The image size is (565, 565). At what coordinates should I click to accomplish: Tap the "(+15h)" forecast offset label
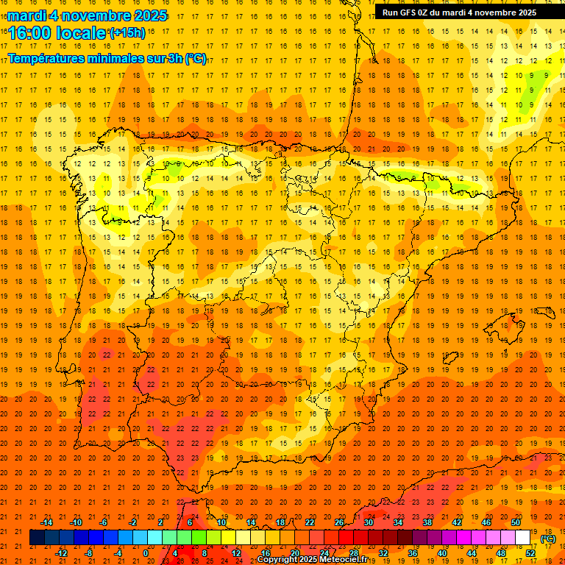click(x=127, y=32)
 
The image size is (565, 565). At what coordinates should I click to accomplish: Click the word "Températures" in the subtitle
click(x=46, y=58)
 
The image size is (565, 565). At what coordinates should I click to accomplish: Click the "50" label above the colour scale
click(x=516, y=522)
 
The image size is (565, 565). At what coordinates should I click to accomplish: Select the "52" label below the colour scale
click(x=530, y=553)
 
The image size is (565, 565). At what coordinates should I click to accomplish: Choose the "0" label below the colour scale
click(x=146, y=553)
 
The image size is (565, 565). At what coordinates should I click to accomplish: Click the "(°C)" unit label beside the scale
click(x=548, y=539)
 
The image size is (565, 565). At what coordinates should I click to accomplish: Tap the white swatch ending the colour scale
click(x=522, y=538)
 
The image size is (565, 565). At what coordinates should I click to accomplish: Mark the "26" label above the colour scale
click(x=339, y=522)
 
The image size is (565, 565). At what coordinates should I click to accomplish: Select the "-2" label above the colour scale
click(x=132, y=522)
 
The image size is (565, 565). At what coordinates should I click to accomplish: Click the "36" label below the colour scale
click(x=413, y=553)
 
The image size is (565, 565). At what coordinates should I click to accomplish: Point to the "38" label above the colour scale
click(x=427, y=522)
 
